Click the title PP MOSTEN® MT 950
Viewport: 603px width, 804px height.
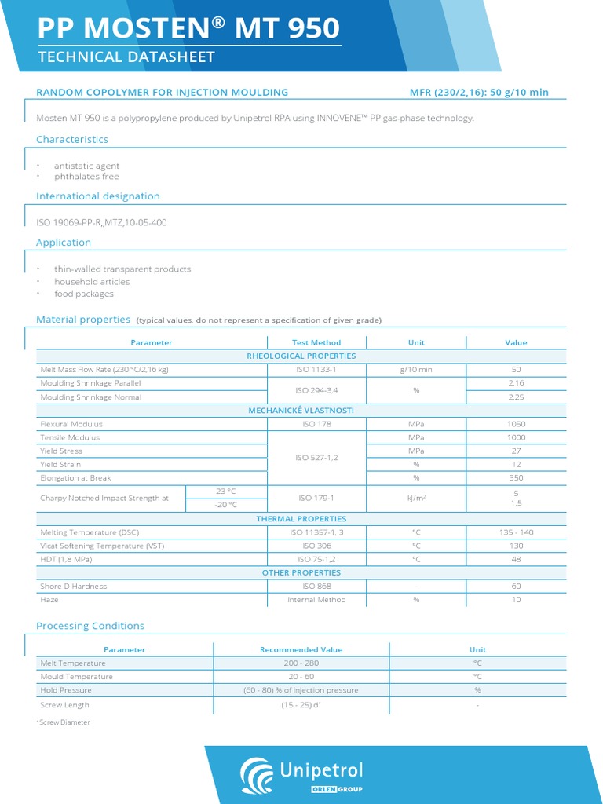click(189, 28)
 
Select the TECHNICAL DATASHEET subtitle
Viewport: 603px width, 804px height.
click(126, 57)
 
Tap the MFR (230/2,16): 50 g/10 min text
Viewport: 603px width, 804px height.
click(479, 93)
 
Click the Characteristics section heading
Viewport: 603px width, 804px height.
click(72, 139)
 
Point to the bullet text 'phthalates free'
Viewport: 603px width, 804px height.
click(86, 177)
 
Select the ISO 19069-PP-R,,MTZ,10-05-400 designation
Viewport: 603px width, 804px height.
click(101, 222)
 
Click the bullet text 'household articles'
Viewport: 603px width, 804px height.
click(92, 281)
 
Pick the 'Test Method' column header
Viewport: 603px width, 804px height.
click(316, 342)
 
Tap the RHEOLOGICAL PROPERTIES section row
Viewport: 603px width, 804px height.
click(301, 356)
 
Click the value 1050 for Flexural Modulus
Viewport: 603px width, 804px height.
click(516, 424)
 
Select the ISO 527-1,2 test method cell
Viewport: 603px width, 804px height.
click(316, 457)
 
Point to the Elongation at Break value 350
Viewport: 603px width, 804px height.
click(516, 478)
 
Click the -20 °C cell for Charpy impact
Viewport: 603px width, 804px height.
click(226, 505)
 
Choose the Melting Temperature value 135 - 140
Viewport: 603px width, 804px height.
click(516, 532)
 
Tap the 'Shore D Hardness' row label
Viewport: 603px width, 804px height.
click(73, 587)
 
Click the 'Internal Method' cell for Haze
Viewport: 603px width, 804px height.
click(316, 600)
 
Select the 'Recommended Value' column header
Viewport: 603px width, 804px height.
click(301, 650)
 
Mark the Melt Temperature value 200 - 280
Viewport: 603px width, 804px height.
click(301, 663)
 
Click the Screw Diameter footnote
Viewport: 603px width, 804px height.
click(64, 722)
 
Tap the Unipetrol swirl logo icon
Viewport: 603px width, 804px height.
click(256, 774)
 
